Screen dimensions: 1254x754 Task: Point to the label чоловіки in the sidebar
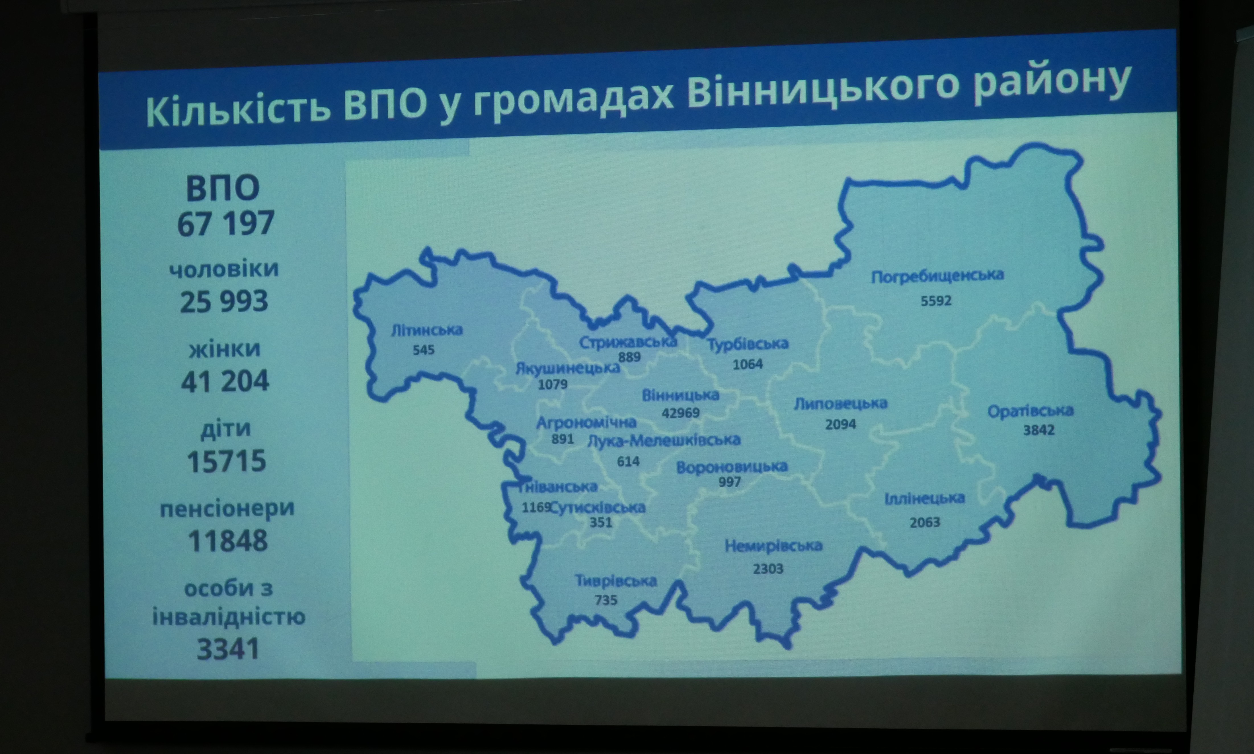(224, 269)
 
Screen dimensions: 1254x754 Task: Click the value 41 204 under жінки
(225, 381)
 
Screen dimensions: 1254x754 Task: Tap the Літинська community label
(427, 330)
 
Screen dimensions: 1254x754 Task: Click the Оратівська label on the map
(1031, 410)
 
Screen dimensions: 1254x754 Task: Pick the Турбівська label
(748, 344)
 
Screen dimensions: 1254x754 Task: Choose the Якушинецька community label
(568, 367)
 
